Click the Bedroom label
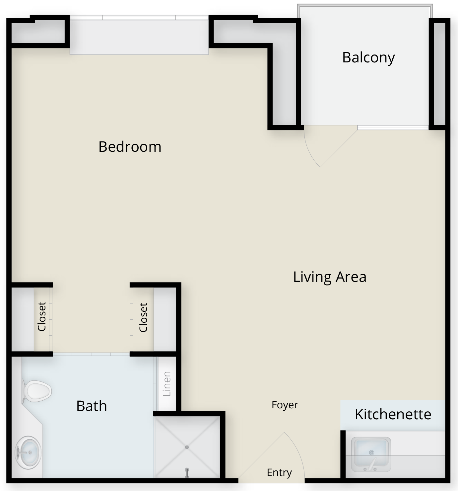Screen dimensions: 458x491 pyautogui.click(x=130, y=147)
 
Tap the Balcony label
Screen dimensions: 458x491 pyautogui.click(x=368, y=58)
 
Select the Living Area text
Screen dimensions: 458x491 pyautogui.click(x=330, y=277)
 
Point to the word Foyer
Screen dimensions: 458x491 pyautogui.click(x=285, y=405)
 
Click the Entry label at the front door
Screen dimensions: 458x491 pyautogui.click(x=279, y=473)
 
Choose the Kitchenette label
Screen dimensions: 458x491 pyautogui.click(x=393, y=414)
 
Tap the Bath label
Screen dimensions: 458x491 pyautogui.click(x=92, y=406)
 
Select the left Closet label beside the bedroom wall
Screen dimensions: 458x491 pyautogui.click(x=42, y=316)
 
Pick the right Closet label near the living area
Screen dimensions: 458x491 pyautogui.click(x=143, y=317)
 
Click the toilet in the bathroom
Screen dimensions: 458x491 pyautogui.click(x=36, y=391)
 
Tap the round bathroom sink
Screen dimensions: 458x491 pyautogui.click(x=28, y=453)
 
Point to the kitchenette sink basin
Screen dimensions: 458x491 pyautogui.click(x=371, y=454)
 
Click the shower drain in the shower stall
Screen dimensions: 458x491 pyautogui.click(x=187, y=447)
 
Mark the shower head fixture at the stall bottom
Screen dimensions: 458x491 pyautogui.click(x=187, y=472)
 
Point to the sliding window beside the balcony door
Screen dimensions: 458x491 pyautogui.click(x=393, y=127)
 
